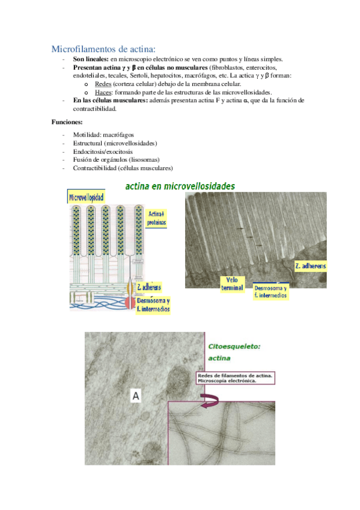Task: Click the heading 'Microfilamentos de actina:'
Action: (x=103, y=49)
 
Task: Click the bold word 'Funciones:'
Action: (x=67, y=122)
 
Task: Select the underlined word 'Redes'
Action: (x=103, y=84)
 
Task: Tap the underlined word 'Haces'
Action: (x=103, y=93)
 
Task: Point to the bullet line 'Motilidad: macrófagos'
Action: (x=103, y=135)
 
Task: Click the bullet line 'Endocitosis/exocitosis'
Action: (x=103, y=152)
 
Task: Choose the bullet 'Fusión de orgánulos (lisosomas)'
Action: (x=117, y=160)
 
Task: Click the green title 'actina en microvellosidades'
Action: (x=180, y=186)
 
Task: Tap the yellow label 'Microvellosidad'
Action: (x=86, y=197)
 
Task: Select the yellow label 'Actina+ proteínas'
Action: (x=156, y=218)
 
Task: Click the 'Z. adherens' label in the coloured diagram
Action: (x=149, y=287)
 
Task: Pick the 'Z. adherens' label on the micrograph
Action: (x=310, y=266)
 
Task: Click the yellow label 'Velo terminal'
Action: (x=232, y=284)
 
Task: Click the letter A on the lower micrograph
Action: (x=136, y=396)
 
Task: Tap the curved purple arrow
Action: (x=210, y=400)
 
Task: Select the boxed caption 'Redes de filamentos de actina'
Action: (x=235, y=378)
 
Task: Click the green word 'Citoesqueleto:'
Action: (x=234, y=347)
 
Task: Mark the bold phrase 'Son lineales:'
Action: (x=91, y=59)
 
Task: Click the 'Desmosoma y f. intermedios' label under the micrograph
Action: (x=270, y=292)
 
